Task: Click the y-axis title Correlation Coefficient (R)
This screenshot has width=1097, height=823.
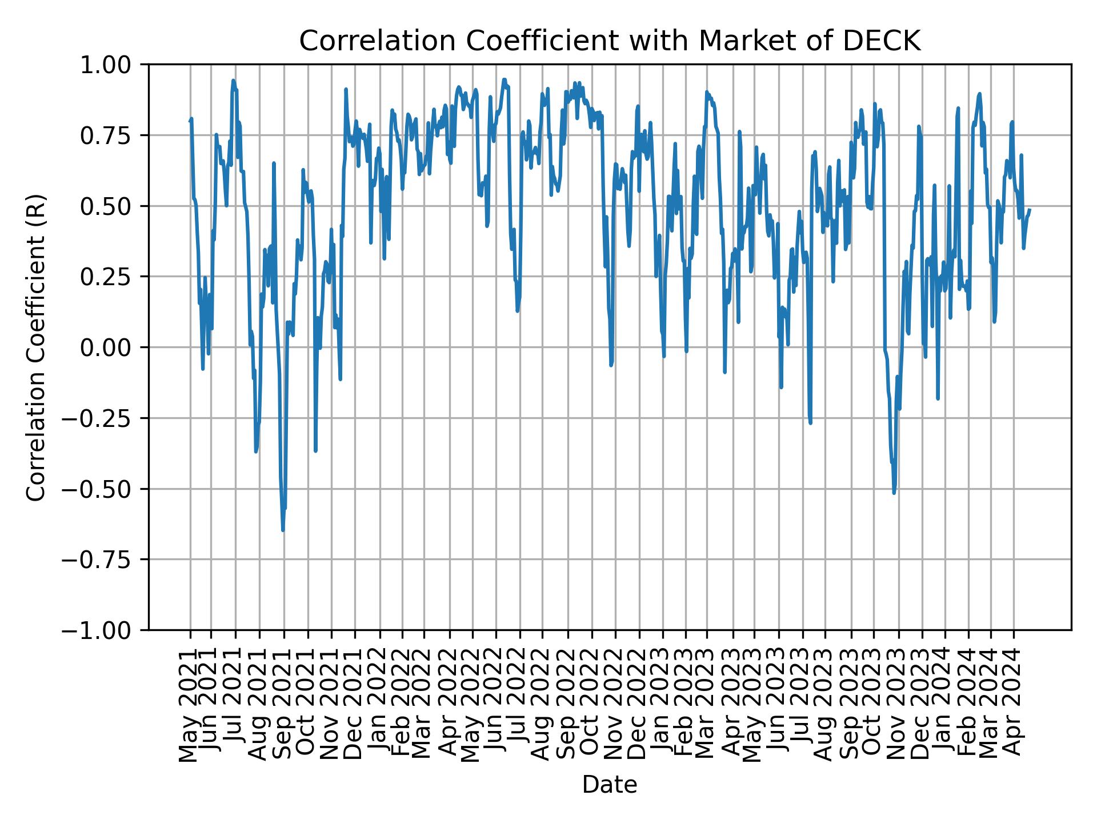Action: point(35,347)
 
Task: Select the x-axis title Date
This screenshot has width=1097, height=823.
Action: point(609,785)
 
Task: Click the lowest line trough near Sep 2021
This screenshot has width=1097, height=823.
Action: point(283,530)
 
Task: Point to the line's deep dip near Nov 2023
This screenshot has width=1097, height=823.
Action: point(894,493)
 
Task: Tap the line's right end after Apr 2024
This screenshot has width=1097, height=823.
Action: point(1030,210)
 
